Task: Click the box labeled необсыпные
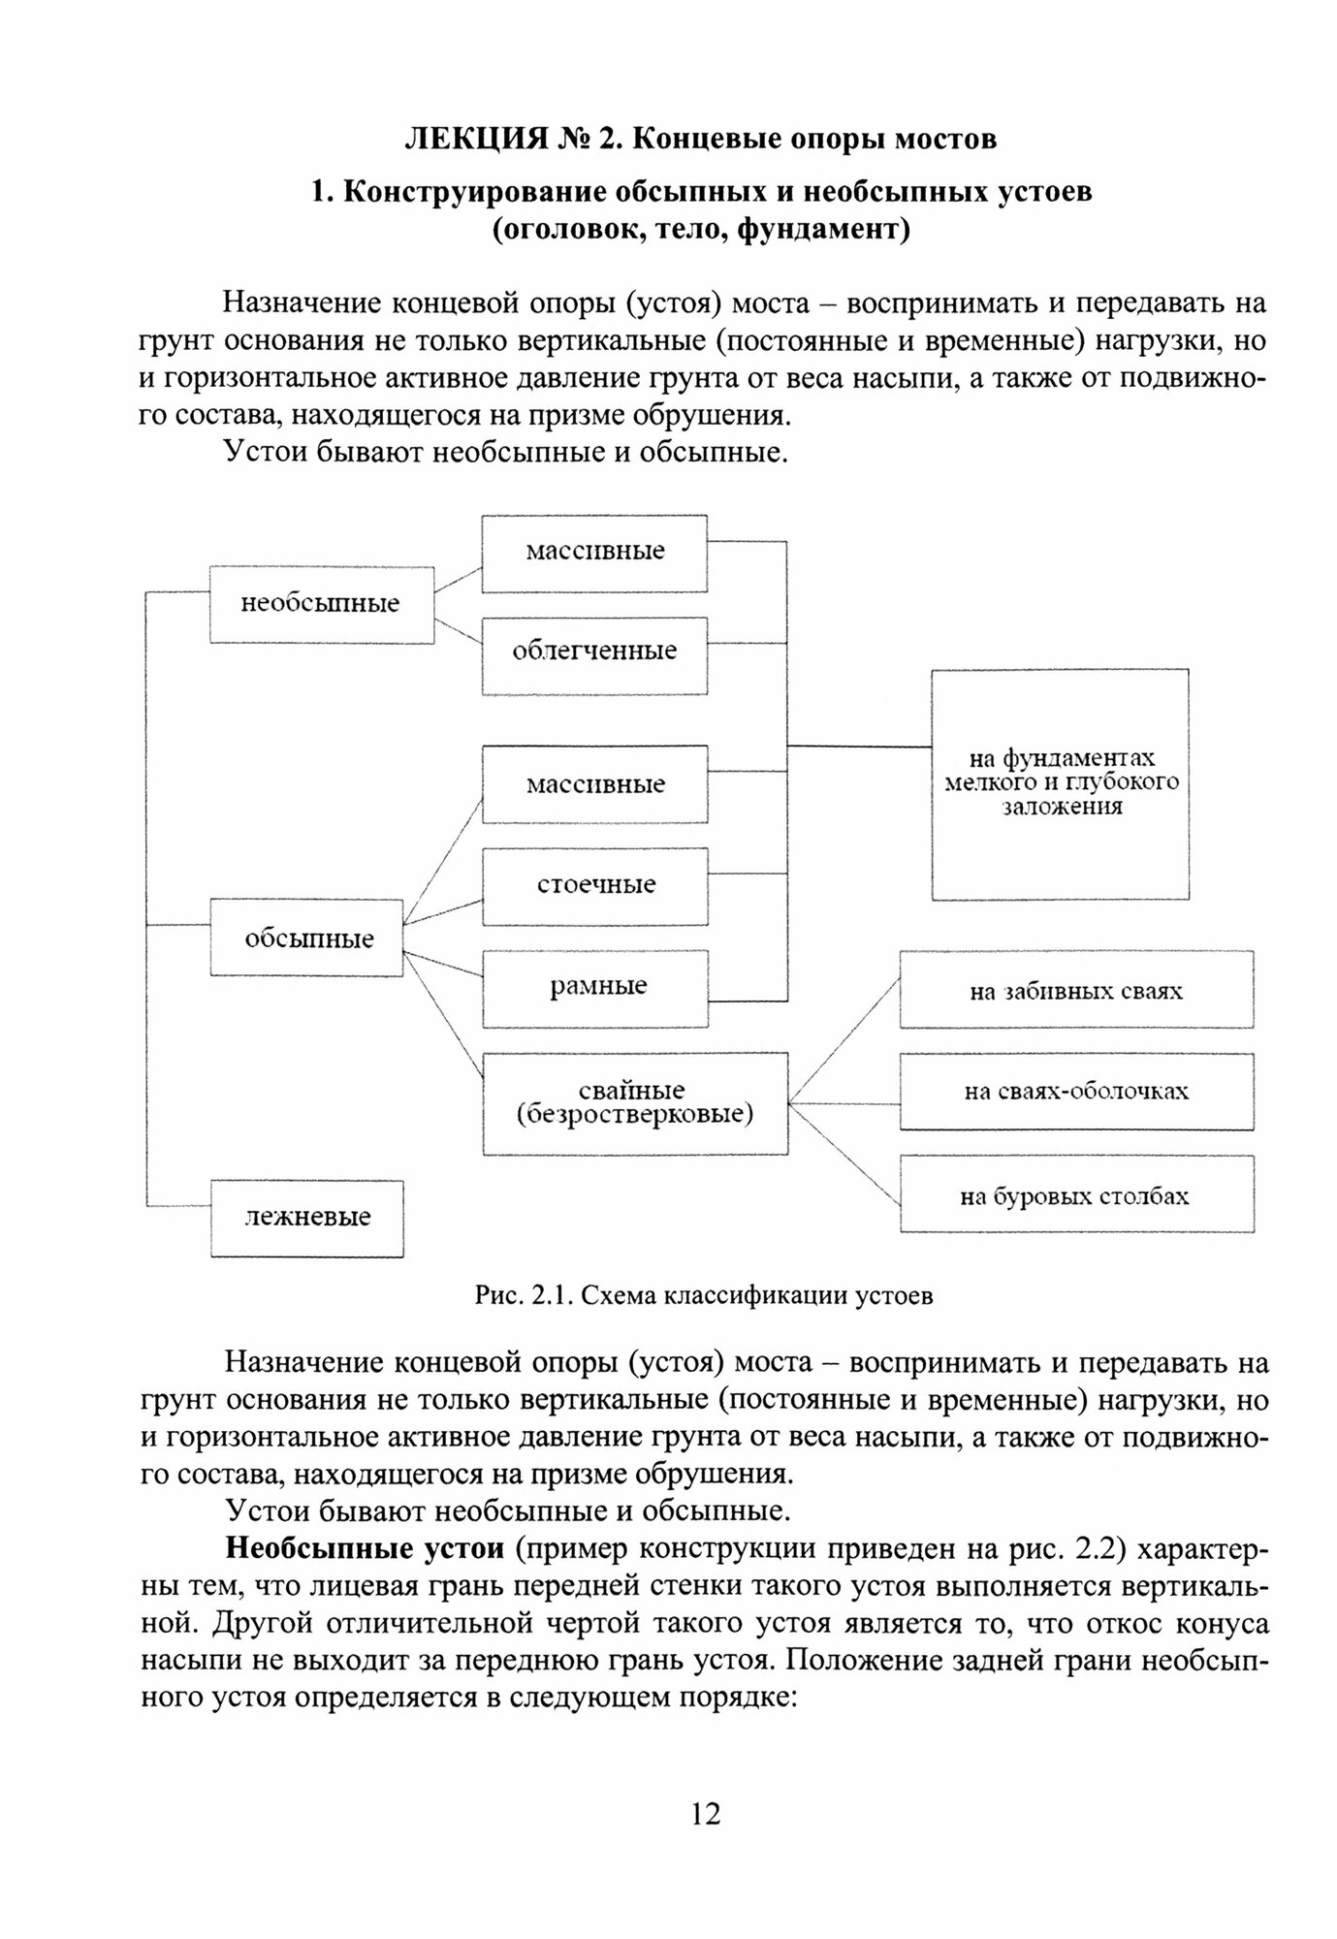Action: point(321,604)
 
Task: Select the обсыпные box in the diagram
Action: point(307,938)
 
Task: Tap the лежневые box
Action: point(307,1218)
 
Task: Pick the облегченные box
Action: point(594,651)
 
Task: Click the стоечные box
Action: point(594,885)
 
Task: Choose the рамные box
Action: point(594,988)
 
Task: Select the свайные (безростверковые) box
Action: point(634,1103)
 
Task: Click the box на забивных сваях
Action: point(1075,990)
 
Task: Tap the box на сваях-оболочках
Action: point(1075,1092)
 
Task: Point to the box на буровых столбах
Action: point(1075,1195)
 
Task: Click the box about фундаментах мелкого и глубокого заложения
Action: point(1060,783)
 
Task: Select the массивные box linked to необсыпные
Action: point(594,552)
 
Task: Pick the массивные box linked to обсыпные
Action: point(594,784)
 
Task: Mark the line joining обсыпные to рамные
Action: point(442,966)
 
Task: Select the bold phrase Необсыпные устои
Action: point(365,1548)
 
